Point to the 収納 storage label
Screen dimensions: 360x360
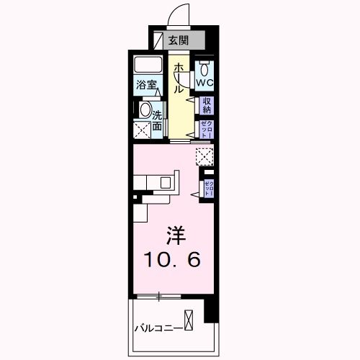pyautogui.click(x=207, y=105)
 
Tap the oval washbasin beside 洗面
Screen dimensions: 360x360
pyautogui.click(x=144, y=112)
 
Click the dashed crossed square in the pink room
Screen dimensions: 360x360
pyautogui.click(x=204, y=156)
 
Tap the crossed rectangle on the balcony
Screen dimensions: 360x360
pyautogui.click(x=189, y=319)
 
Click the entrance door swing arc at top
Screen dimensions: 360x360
pyautogui.click(x=179, y=14)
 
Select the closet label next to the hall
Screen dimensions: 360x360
pyautogui.click(x=207, y=130)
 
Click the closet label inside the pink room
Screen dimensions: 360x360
pyautogui.click(x=208, y=189)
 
